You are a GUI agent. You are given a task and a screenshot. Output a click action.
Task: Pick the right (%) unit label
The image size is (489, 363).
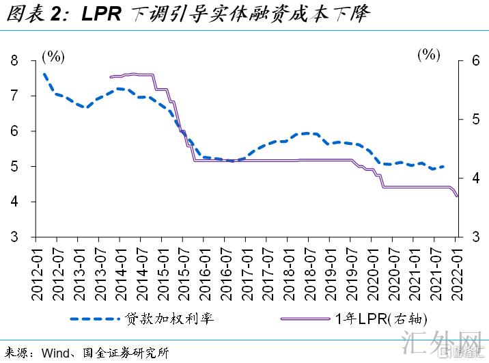tap(429, 55)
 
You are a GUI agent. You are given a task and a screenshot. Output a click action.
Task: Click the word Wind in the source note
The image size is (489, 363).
tap(55, 353)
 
